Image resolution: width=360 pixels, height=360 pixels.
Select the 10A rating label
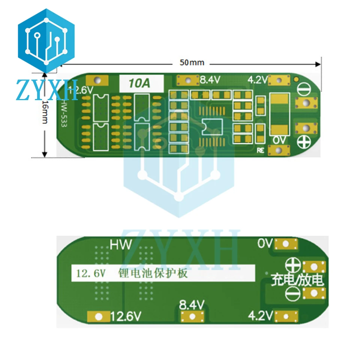point(140,83)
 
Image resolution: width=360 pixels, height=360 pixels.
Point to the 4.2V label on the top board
point(257,80)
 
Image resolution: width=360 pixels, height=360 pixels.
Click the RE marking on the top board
point(261,151)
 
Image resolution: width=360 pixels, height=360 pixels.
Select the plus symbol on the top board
point(304,141)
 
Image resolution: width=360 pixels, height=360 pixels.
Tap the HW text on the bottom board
point(121,245)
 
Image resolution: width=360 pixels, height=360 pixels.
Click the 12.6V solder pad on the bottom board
point(99,317)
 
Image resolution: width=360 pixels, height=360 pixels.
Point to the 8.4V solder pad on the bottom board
point(192,317)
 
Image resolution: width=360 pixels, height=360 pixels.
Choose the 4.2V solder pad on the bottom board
point(286,316)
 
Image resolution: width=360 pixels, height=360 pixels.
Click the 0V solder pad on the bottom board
point(286,244)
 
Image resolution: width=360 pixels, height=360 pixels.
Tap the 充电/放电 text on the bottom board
point(297,280)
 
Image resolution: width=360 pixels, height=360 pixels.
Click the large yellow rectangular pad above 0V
point(279,114)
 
